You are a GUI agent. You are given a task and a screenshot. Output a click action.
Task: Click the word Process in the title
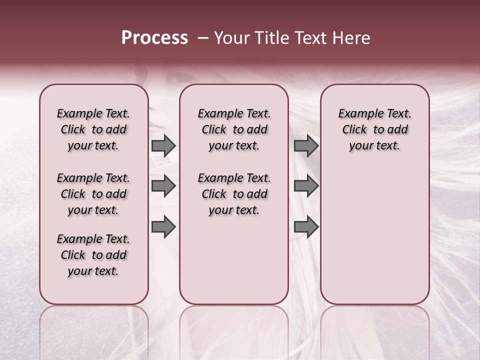[x=154, y=38]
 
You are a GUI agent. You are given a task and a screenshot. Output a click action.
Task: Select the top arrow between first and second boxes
[x=163, y=146]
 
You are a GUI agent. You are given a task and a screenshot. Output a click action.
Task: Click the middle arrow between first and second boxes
[x=163, y=186]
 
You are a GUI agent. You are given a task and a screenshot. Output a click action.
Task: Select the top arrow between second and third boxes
[x=306, y=146]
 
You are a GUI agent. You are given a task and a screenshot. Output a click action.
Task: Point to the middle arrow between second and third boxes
[x=306, y=186]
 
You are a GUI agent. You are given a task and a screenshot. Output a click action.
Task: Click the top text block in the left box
[x=93, y=129]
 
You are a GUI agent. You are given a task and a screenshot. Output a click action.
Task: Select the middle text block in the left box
[x=93, y=194]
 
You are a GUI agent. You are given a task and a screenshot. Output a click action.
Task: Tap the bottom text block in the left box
[x=93, y=255]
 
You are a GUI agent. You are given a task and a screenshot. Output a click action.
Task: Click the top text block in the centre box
[x=234, y=129]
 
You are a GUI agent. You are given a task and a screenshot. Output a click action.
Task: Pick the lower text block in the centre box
[x=234, y=194]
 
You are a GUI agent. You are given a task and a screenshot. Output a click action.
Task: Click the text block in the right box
[x=374, y=129]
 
